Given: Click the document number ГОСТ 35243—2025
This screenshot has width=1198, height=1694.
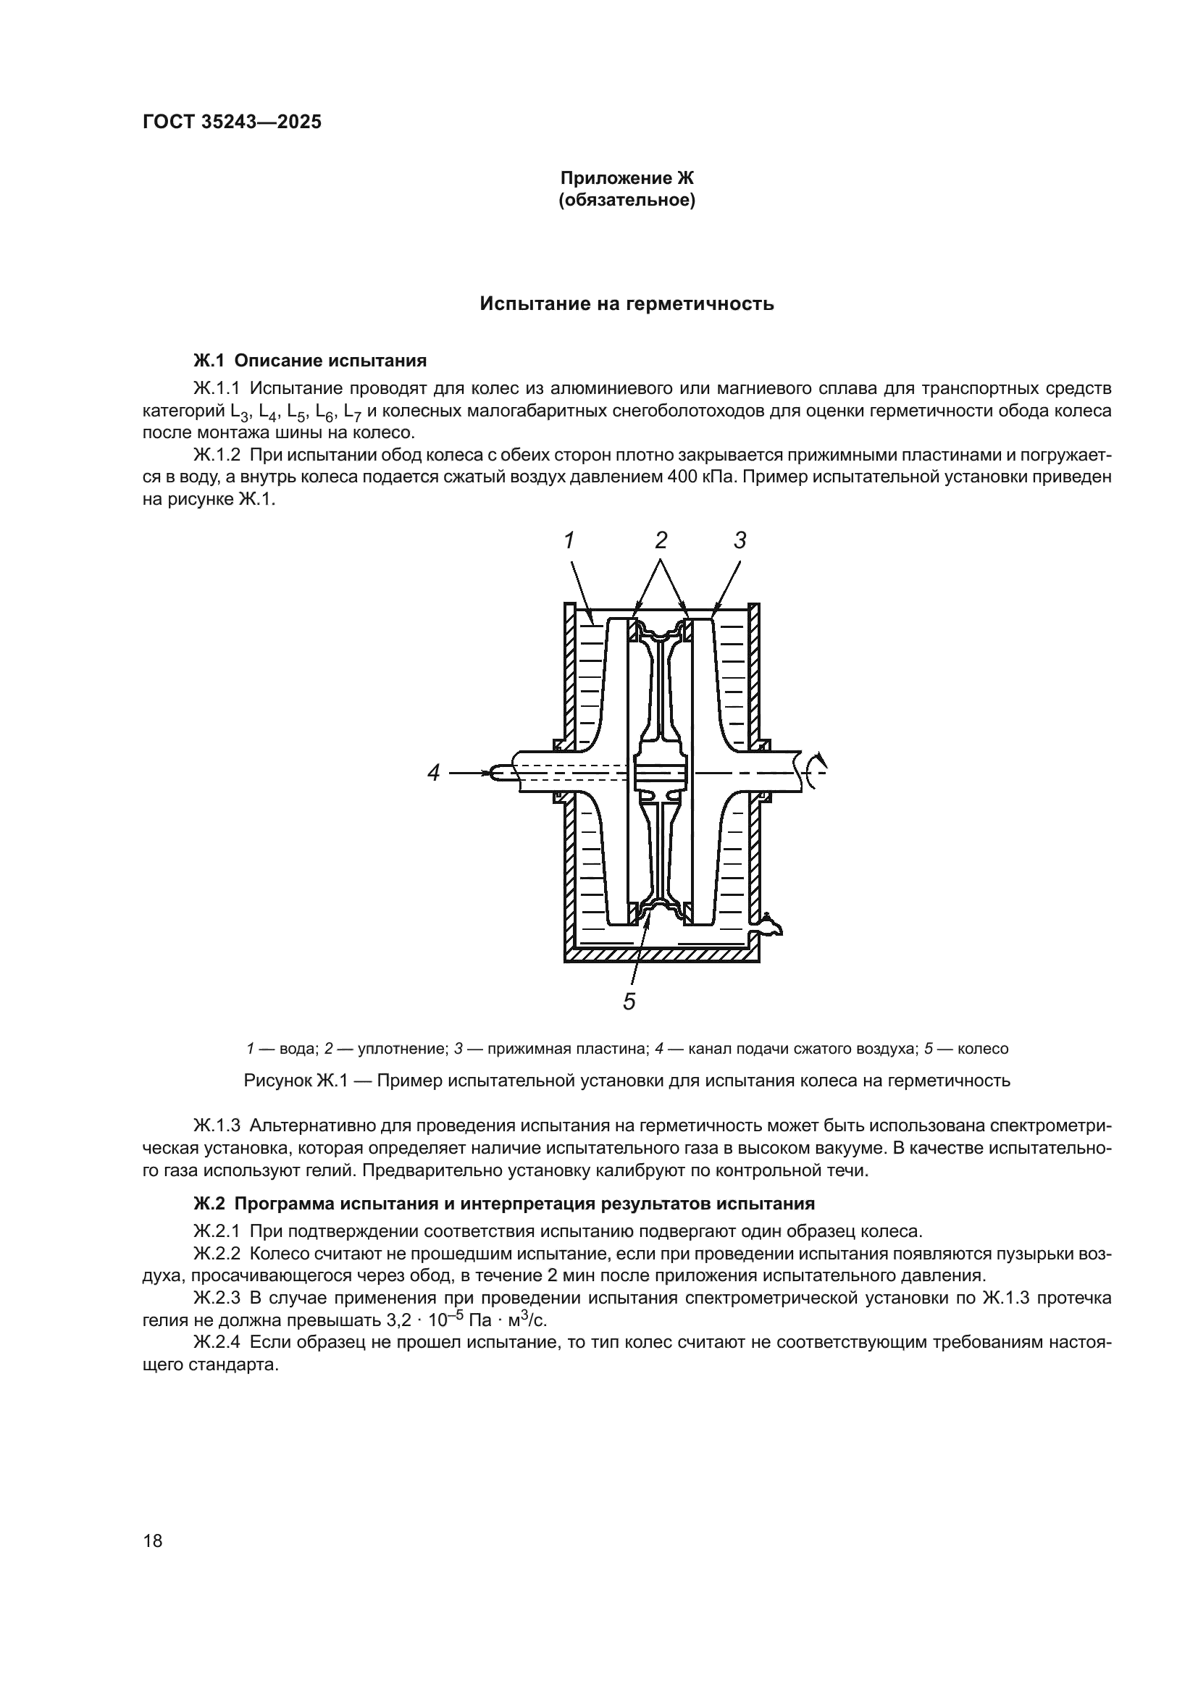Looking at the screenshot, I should click(x=232, y=122).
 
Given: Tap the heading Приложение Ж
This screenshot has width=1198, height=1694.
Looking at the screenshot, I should click(x=627, y=179).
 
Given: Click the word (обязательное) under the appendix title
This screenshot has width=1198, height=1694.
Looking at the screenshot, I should click(x=627, y=201).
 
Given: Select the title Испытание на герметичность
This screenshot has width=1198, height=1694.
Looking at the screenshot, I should click(x=627, y=304).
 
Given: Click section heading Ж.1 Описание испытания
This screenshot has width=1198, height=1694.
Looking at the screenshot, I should click(x=310, y=361).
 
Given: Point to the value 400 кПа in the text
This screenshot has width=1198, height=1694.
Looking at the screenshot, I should click(x=700, y=477).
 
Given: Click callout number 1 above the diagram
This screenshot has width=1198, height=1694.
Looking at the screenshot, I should click(x=569, y=541).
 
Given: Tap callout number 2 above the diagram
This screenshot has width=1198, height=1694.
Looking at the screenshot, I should click(x=661, y=541).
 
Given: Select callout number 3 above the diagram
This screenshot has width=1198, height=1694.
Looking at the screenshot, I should click(x=740, y=541).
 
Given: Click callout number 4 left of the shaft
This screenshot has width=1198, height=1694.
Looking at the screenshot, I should click(x=434, y=773).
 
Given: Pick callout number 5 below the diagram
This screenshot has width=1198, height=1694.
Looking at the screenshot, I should click(x=629, y=1002).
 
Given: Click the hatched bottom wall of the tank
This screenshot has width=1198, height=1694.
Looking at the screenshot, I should click(x=661, y=955).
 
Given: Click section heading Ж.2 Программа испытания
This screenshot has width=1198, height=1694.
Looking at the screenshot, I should click(x=503, y=1204).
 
